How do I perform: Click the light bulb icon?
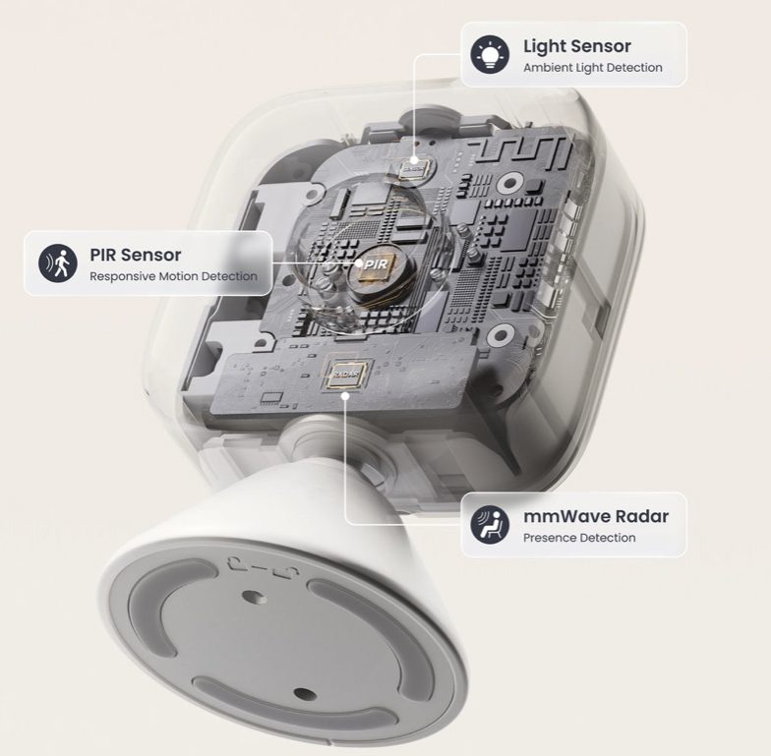(x=490, y=55)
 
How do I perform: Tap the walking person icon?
(x=58, y=263)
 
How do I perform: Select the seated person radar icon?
(x=490, y=524)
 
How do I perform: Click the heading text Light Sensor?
(x=576, y=46)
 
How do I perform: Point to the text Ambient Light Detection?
(x=592, y=68)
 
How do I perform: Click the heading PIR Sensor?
(x=136, y=255)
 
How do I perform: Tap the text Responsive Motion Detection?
(x=173, y=276)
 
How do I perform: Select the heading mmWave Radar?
(x=596, y=516)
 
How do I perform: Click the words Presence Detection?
(x=579, y=538)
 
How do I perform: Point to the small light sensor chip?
(x=413, y=168)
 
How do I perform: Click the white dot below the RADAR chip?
(x=346, y=395)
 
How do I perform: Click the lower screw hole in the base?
(x=305, y=694)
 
